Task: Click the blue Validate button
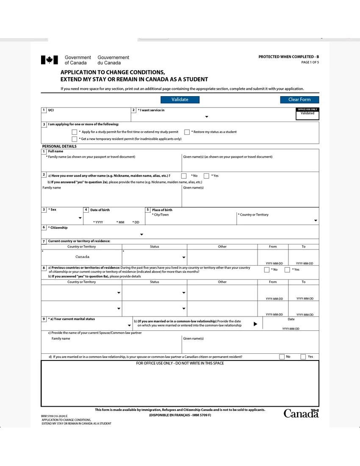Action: point(180,100)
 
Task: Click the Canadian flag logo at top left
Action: point(49,60)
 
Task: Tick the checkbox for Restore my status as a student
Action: point(187,132)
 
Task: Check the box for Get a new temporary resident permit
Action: point(75,139)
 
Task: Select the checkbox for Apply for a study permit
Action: point(75,132)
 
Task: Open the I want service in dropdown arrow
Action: point(207,116)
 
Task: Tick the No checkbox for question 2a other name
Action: point(184,176)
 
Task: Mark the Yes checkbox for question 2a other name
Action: point(206,176)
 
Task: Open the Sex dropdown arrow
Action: point(80,218)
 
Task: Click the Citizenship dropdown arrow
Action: point(141,234)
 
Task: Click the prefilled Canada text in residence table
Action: point(82,257)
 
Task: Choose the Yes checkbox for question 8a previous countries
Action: point(287,269)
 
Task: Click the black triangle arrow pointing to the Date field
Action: point(255,324)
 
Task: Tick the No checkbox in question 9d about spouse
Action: point(282,357)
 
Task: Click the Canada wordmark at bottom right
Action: point(301,413)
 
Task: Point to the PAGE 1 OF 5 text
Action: point(310,62)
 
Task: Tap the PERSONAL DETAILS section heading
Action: point(59,146)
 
